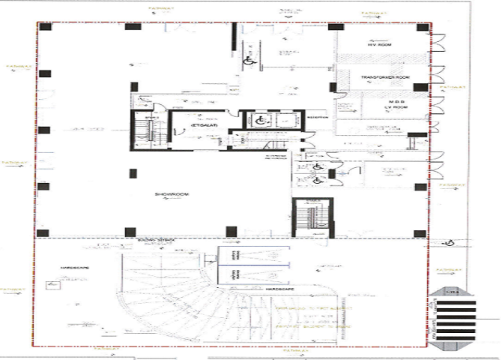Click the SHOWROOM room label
pos(172,194)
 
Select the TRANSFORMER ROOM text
pos(381,78)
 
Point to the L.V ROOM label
pos(395,108)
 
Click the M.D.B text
pos(396,101)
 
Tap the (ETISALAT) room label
pos(203,127)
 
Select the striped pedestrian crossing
pos(457,319)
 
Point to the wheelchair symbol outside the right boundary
pos(452,242)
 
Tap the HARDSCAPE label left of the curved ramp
pos(74,268)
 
